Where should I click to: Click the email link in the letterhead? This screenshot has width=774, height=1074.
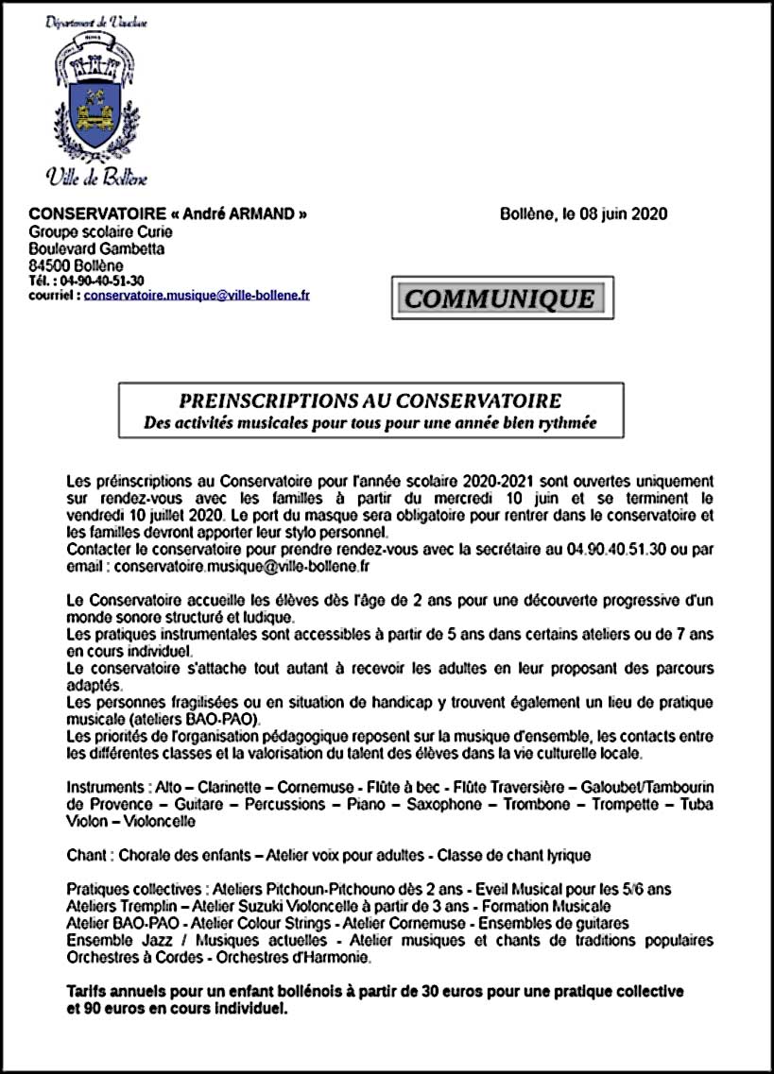click(197, 295)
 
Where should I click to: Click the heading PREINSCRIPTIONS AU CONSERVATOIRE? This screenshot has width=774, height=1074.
click(370, 401)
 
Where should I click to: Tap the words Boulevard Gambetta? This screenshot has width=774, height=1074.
click(96, 248)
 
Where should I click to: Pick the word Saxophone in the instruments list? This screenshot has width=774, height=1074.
click(440, 805)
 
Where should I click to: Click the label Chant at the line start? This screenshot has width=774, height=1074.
click(86, 856)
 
